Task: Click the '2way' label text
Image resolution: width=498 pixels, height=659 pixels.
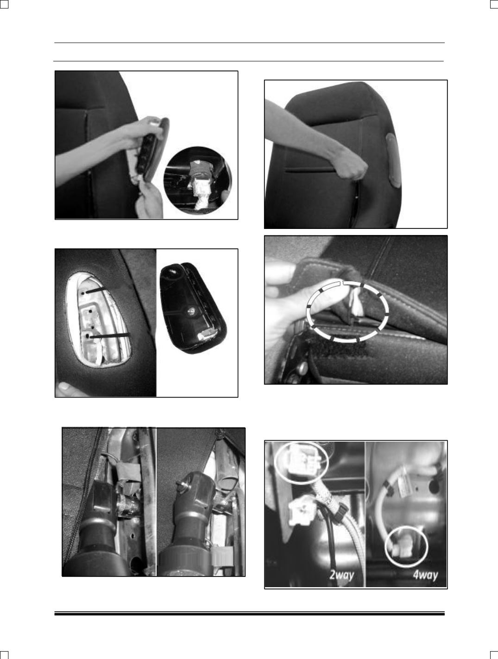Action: click(342, 575)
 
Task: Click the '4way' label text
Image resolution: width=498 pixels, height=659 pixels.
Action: click(425, 575)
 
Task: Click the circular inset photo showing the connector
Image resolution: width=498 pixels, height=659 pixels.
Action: click(198, 180)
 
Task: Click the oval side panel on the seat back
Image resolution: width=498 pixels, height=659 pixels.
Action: click(393, 160)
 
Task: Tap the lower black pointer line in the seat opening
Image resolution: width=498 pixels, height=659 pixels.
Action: click(110, 336)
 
